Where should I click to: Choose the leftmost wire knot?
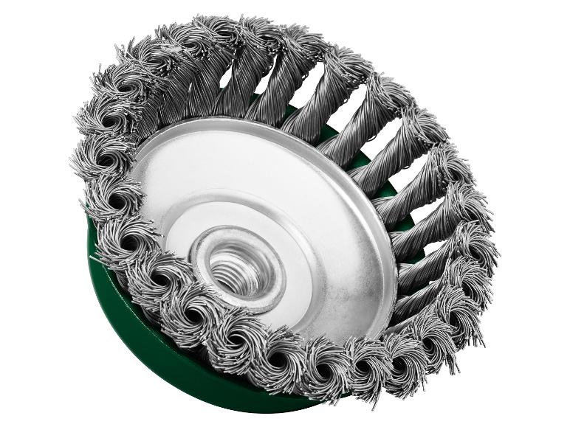[x=92, y=159]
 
